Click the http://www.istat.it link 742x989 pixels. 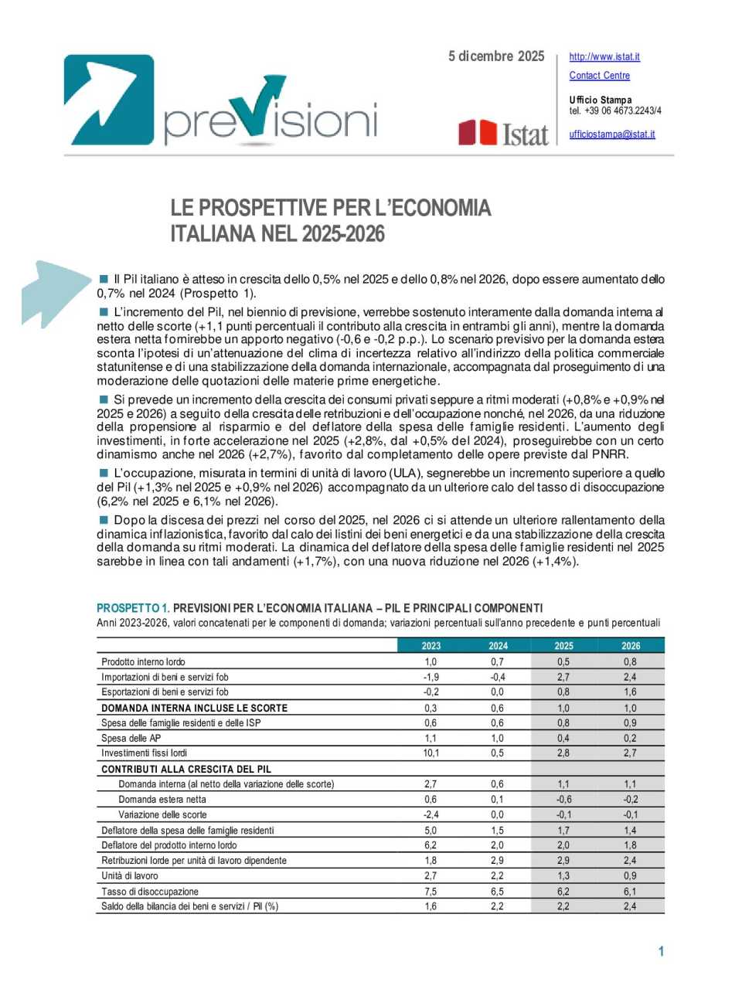coord(604,56)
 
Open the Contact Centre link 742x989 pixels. coord(599,75)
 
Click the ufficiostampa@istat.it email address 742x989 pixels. coord(611,134)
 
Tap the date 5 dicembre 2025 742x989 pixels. coord(496,56)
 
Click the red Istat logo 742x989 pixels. coord(503,133)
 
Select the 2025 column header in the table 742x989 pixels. coord(563,646)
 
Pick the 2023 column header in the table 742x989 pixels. coord(431,646)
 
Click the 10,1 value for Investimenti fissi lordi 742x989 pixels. coord(431,753)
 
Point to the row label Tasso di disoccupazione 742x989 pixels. coord(150,892)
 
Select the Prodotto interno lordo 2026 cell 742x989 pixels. coord(630,662)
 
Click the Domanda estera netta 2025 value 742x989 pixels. coord(563,800)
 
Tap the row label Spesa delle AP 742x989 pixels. coord(131,739)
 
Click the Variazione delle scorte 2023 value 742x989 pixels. coord(431,815)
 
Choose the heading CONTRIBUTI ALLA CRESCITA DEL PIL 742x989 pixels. coord(185,770)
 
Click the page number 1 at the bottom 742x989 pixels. coord(661,951)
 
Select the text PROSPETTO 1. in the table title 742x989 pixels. coord(133,608)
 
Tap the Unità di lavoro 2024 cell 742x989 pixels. coord(497,876)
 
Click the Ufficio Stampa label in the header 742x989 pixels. coord(600,100)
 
